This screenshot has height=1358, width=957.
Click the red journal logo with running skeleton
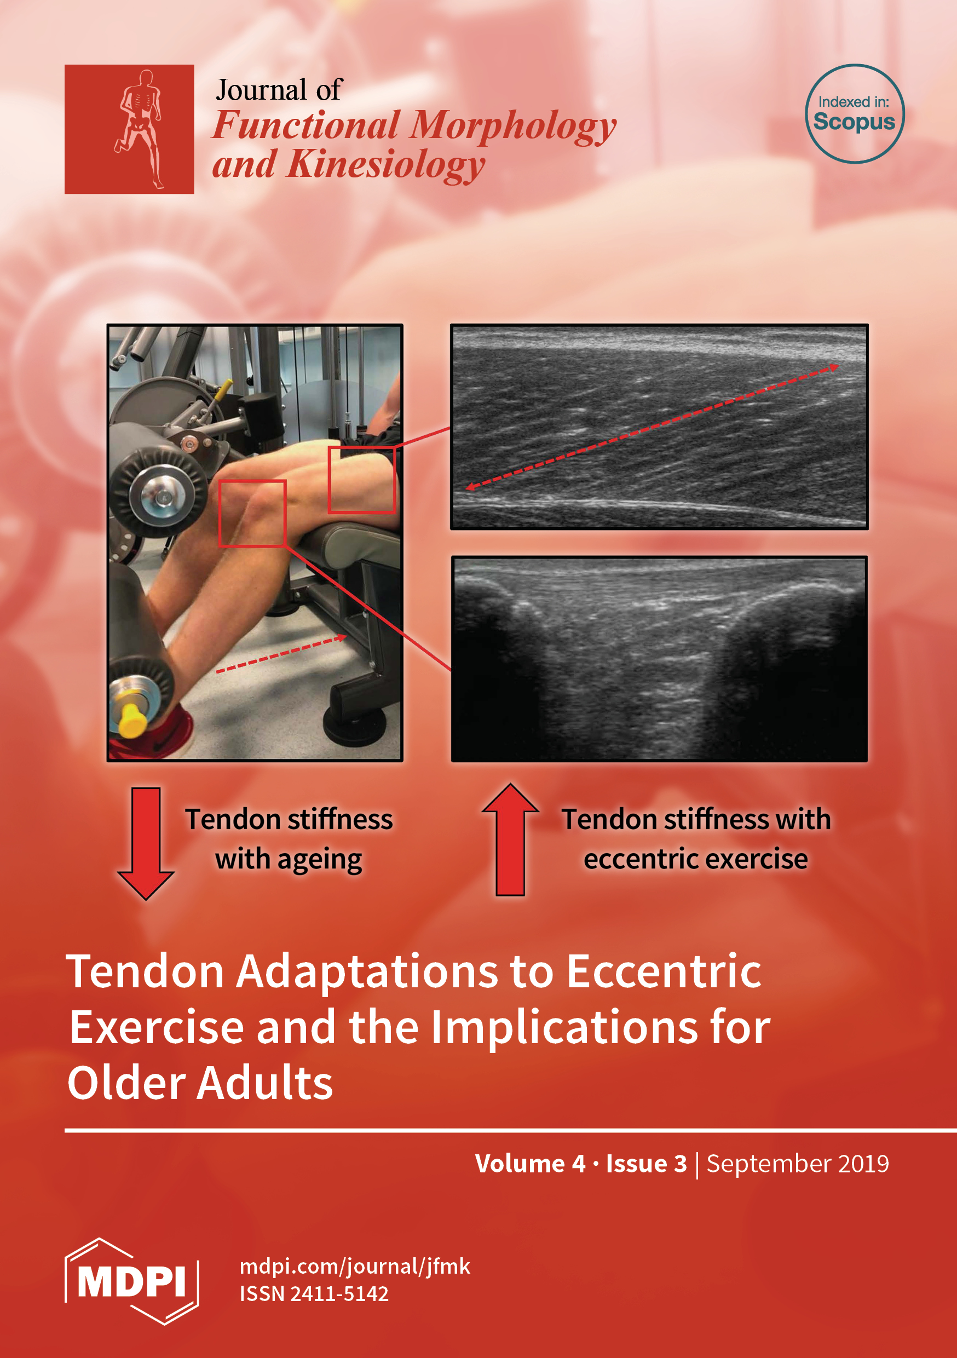point(129,129)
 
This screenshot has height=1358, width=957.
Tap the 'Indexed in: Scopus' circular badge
point(855,113)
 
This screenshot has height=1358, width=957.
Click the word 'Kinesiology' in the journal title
point(386,165)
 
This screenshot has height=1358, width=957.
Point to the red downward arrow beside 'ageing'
point(146,843)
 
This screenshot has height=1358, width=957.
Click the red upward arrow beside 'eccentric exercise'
point(510,840)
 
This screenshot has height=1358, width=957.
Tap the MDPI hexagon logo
point(131,1281)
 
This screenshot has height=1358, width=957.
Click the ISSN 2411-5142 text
point(314,1293)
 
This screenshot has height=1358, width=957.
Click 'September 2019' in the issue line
point(797,1164)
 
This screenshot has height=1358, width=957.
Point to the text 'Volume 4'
point(530,1164)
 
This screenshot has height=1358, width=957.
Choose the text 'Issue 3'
point(647,1164)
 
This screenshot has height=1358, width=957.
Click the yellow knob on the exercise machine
point(132,718)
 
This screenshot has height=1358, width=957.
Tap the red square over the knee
point(252,514)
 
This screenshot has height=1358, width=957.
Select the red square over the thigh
point(361,480)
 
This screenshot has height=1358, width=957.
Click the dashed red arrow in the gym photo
point(281,654)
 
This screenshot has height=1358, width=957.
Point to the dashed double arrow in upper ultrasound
point(653,427)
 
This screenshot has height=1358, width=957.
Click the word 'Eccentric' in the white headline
point(664,971)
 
